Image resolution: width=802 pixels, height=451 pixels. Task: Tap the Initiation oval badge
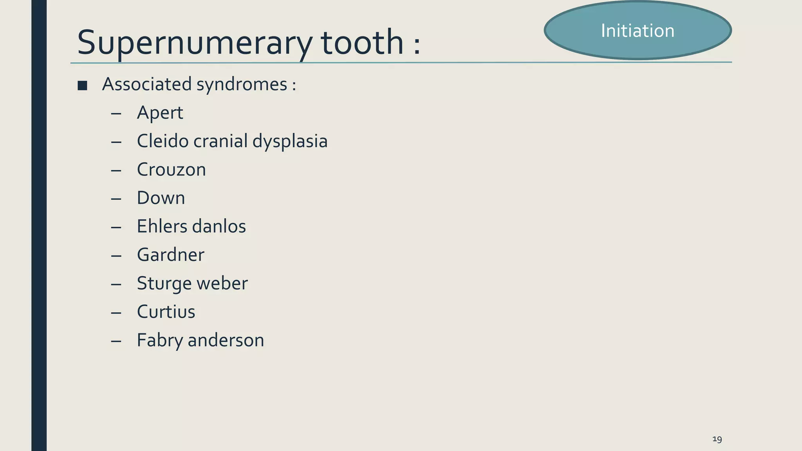pyautogui.click(x=638, y=31)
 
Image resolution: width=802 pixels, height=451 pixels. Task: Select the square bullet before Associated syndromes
pyautogui.click(x=82, y=85)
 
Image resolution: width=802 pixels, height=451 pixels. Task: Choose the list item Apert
pyautogui.click(x=160, y=113)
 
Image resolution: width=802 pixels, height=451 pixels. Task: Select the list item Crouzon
pyautogui.click(x=171, y=170)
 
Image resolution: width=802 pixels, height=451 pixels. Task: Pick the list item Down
pyautogui.click(x=161, y=198)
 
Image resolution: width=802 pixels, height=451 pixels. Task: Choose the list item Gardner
pyautogui.click(x=170, y=255)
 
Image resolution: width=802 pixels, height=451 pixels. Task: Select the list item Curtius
pyautogui.click(x=166, y=312)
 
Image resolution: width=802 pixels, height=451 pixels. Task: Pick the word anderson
pyautogui.click(x=226, y=340)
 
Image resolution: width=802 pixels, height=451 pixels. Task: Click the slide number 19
pyautogui.click(x=717, y=439)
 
